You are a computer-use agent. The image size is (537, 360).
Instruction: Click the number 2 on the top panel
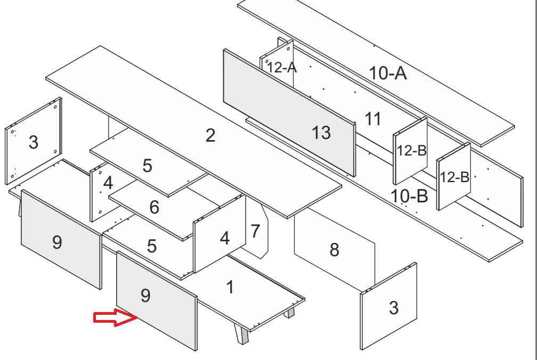[x=210, y=135]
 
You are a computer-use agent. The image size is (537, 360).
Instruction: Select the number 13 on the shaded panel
[x=321, y=132]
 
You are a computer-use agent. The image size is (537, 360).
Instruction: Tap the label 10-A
[x=388, y=73]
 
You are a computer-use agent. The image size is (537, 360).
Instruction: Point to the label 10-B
[x=409, y=195]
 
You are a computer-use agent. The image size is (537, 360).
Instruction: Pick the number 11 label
[x=373, y=119]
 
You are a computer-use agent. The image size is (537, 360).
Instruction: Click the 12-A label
[x=282, y=68]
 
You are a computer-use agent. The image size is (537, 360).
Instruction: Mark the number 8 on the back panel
[x=334, y=249]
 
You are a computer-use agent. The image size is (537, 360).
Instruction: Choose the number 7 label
[x=255, y=231]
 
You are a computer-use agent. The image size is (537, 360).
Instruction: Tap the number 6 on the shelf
[x=154, y=207]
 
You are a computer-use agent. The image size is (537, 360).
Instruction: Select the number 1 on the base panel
[x=230, y=288]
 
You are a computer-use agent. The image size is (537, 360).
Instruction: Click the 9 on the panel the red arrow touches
[x=145, y=296]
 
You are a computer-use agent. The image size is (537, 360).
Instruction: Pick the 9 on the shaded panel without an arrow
[x=57, y=242]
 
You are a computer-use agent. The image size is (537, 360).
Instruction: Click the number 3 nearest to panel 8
[x=393, y=307]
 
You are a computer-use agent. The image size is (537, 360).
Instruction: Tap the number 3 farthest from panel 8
[x=33, y=142]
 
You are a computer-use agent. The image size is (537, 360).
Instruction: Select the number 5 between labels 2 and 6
[x=148, y=166]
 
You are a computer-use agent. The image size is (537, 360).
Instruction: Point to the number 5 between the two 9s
[x=152, y=246]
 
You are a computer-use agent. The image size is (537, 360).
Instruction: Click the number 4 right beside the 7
[x=225, y=238]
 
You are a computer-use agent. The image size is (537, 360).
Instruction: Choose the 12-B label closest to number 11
[x=411, y=150]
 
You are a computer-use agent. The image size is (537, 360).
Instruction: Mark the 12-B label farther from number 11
[x=454, y=177]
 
